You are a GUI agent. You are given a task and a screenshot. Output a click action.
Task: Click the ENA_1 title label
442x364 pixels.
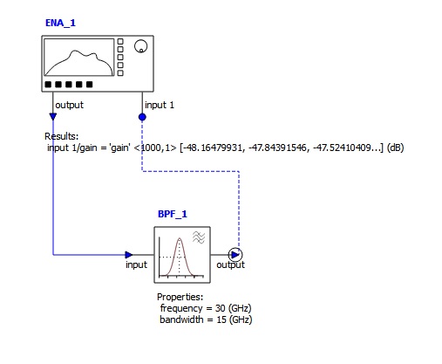tap(60, 23)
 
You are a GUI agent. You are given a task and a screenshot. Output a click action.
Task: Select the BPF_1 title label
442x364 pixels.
tap(173, 214)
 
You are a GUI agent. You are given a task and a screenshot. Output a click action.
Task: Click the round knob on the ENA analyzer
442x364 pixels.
tap(141, 46)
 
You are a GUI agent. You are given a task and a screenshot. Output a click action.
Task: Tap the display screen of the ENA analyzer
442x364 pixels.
tap(79, 58)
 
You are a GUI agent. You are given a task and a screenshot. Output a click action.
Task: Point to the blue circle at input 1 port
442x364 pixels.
tap(142, 117)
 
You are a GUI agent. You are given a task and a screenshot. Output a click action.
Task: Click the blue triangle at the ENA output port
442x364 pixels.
tap(53, 117)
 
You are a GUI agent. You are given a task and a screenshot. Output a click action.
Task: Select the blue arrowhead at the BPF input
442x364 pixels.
tap(129, 255)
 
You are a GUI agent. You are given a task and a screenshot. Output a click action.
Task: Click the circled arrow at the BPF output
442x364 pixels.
tap(235, 255)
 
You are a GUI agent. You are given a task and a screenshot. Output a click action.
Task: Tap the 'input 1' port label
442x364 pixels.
tap(160, 105)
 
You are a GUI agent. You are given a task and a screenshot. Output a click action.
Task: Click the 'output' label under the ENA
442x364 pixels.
tap(69, 105)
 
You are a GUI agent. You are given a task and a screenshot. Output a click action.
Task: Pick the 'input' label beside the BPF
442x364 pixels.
tap(136, 264)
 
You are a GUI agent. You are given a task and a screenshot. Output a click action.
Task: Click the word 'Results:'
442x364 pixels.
tap(62, 136)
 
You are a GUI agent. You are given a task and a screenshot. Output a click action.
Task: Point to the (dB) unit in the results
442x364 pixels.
tap(396, 148)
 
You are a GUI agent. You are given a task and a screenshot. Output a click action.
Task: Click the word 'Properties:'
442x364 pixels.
tap(180, 297)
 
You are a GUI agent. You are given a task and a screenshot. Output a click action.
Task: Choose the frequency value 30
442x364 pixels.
tap(221, 308)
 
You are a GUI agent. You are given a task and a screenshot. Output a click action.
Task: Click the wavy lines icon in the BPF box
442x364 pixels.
tap(199, 237)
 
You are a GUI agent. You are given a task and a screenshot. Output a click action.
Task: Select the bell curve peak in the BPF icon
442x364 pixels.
tap(180, 239)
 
